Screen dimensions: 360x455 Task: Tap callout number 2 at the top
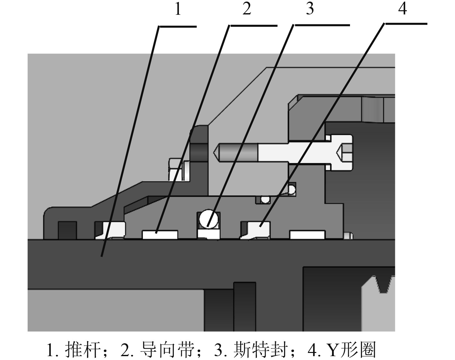click(x=246, y=9)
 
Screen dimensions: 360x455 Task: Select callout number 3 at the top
click(x=310, y=9)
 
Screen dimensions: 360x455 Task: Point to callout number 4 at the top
click(x=402, y=9)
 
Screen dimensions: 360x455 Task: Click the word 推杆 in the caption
click(x=82, y=349)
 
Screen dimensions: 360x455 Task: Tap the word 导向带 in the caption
click(x=168, y=349)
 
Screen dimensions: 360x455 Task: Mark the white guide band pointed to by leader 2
click(x=160, y=235)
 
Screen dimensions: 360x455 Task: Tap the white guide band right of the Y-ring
click(x=307, y=235)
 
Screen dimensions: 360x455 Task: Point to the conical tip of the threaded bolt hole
click(x=217, y=152)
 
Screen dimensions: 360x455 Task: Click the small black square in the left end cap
click(x=67, y=230)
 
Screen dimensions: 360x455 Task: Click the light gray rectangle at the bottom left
click(x=116, y=310)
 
